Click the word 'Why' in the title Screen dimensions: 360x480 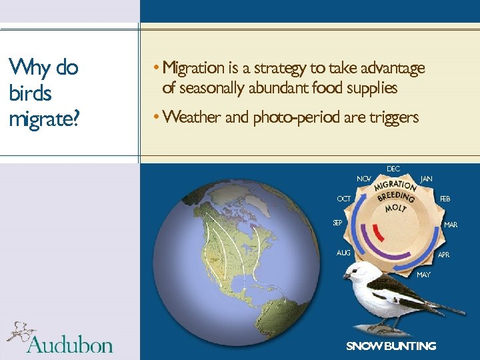pos(27,68)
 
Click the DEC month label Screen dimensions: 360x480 pos(393,169)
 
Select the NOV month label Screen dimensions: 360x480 pos(364,179)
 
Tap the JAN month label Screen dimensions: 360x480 pos(427,179)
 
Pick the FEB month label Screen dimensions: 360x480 pos(445,199)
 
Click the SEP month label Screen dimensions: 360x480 pos(338,223)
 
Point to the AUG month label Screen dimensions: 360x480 pos(343,253)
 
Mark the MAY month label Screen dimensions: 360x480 pos(423,275)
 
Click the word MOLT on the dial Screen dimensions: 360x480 pos(394,209)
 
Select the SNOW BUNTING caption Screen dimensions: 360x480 pos(391,346)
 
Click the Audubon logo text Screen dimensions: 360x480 pos(69,343)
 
